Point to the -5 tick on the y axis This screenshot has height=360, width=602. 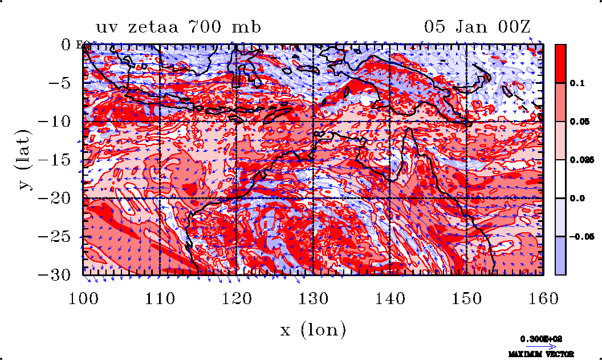coord(62,83)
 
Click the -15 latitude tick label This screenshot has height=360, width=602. coord(57,160)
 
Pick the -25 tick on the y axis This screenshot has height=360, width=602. coord(57,237)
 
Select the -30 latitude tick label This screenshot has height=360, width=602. coord(57,275)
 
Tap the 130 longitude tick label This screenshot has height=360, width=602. coord(314,298)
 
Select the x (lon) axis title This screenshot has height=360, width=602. coord(313,330)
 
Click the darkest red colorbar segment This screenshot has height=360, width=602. coord(561,64)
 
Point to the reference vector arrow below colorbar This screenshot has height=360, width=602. coord(537,346)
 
